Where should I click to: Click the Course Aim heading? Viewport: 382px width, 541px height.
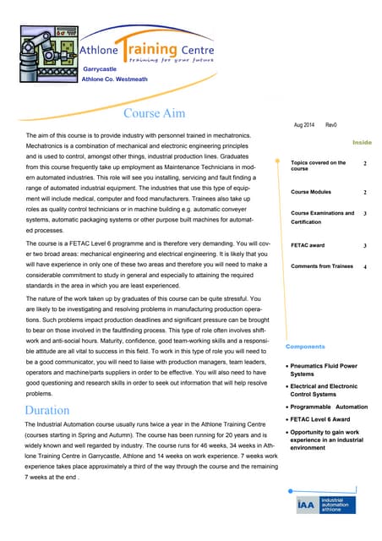[x=155, y=113]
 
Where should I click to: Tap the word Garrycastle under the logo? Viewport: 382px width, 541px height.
[x=100, y=68]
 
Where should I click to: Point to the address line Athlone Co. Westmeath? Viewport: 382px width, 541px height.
[x=114, y=79]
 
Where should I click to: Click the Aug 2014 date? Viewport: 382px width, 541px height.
[x=304, y=125]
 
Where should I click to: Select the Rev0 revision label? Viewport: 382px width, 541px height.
[x=331, y=125]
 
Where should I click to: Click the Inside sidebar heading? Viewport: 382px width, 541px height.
[x=362, y=143]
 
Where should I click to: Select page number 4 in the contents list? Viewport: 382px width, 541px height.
[x=364, y=267]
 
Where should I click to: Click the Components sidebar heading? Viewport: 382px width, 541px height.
[x=305, y=347]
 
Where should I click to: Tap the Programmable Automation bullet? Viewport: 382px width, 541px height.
[x=329, y=406]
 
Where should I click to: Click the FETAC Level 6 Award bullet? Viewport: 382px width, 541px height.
[x=325, y=418]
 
